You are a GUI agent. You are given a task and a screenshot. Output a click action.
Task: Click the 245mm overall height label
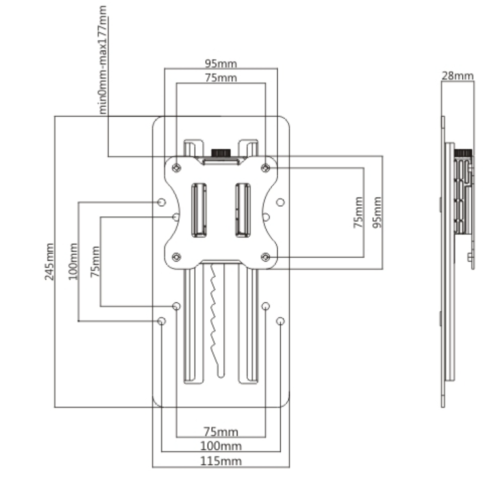[49, 262]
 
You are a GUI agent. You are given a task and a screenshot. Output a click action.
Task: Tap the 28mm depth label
[457, 76]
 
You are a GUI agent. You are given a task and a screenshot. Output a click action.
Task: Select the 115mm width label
[221, 461]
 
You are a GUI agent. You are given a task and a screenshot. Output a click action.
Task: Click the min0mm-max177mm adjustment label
[103, 60]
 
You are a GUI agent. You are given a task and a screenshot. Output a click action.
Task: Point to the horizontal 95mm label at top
[221, 63]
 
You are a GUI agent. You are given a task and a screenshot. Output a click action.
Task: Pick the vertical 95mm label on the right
[377, 212]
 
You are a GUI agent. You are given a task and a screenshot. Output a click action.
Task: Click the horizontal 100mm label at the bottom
[221, 446]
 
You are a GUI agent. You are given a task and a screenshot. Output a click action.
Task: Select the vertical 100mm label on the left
[73, 262]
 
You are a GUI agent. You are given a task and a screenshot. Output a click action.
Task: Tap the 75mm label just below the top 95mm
[221, 78]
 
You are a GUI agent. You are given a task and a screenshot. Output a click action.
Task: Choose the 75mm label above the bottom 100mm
[221, 432]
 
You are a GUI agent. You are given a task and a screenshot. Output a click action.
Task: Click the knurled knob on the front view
[221, 153]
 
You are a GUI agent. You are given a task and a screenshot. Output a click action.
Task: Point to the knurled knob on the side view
[463, 153]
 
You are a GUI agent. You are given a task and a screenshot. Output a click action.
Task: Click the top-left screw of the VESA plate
[177, 167]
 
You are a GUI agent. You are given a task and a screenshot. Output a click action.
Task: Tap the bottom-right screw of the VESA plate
[265, 257]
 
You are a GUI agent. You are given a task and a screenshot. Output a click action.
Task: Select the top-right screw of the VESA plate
[265, 167]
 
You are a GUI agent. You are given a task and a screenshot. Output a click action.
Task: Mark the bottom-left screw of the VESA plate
[177, 257]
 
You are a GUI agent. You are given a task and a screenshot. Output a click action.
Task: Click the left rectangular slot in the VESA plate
[199, 210]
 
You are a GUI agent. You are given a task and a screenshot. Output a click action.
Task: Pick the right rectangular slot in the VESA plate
[243, 210]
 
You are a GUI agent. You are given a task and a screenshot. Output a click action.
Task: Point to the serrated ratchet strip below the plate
[217, 320]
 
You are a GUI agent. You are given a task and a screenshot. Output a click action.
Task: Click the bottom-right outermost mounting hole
[280, 321]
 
